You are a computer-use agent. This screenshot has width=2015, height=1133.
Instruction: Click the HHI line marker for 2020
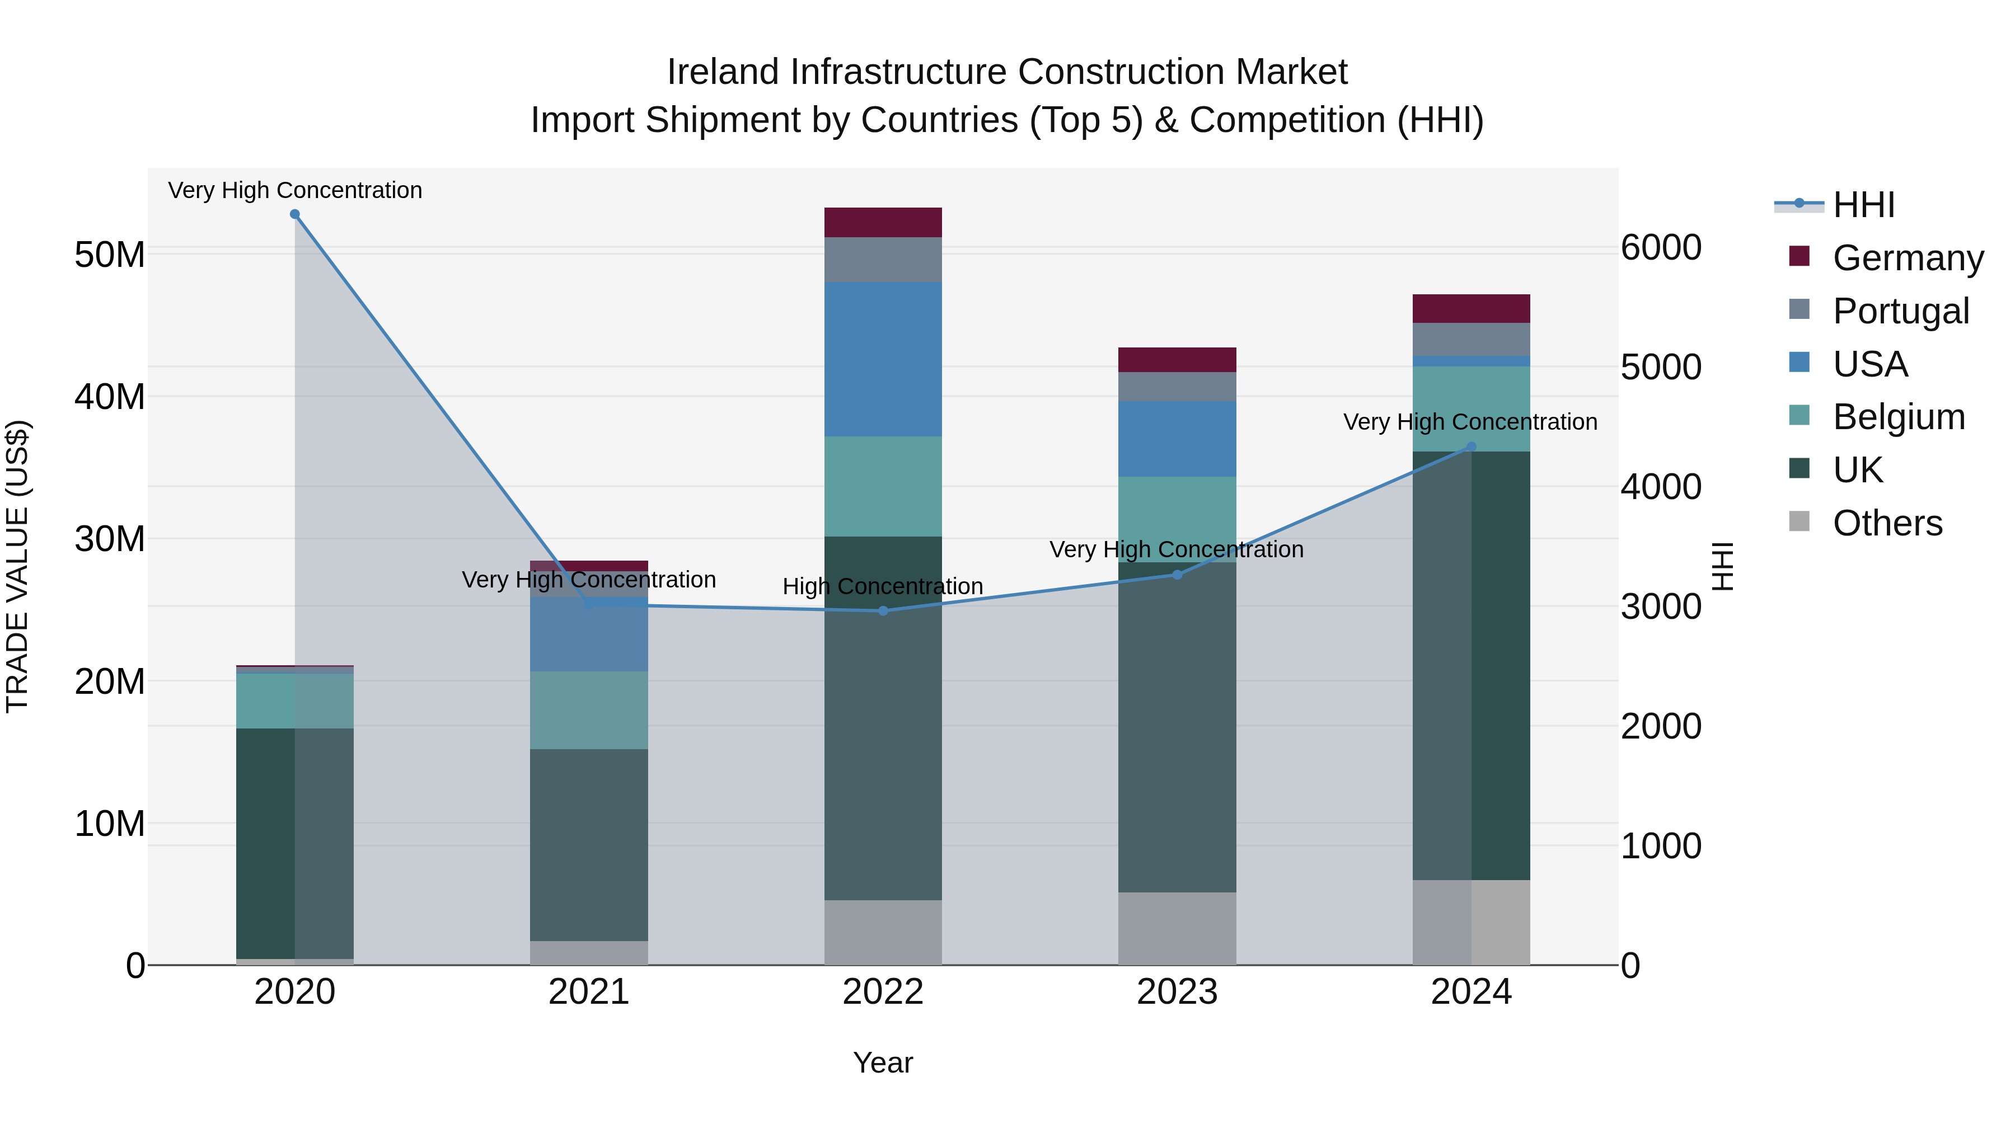pos(295,214)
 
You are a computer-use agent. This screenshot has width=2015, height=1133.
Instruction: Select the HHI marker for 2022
pos(883,610)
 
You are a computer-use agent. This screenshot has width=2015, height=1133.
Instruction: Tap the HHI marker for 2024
pos(1470,446)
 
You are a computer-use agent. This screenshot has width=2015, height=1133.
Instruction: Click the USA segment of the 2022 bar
pos(883,359)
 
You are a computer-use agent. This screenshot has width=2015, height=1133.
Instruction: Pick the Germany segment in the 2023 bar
pos(1177,360)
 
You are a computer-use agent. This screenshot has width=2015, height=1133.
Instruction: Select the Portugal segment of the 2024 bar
pos(1470,340)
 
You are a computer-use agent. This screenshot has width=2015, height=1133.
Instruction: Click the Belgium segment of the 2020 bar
pos(295,701)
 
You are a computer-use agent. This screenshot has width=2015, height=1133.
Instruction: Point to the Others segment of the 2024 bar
pos(1470,922)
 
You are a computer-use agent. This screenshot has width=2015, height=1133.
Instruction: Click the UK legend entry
pos(1857,470)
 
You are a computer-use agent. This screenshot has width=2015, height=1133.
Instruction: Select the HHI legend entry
pos(1862,205)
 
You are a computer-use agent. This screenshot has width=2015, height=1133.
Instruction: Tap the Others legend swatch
pos(1799,521)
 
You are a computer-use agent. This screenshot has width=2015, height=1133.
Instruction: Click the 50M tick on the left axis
pos(110,255)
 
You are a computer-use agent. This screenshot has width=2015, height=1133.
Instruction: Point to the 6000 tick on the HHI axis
pos(1661,248)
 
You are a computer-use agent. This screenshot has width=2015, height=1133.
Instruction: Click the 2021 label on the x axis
pos(588,992)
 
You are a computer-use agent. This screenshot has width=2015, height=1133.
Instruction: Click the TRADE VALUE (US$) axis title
pos(17,566)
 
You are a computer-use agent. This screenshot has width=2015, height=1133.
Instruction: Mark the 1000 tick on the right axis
pos(1661,846)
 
